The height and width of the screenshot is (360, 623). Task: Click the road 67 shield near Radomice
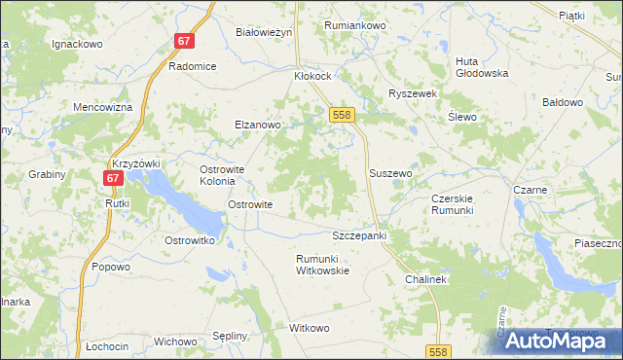(x=185, y=41)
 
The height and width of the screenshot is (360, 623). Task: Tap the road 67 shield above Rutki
(x=113, y=179)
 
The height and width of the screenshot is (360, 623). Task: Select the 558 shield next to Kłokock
(x=341, y=115)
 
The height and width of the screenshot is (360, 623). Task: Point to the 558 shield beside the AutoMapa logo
(x=438, y=349)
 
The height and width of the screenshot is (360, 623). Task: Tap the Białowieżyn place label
(x=264, y=32)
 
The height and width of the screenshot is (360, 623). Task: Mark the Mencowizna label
(x=102, y=107)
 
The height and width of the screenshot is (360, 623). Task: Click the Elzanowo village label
(x=257, y=125)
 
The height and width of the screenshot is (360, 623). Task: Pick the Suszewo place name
(x=391, y=173)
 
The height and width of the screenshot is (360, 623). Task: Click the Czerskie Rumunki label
(x=452, y=204)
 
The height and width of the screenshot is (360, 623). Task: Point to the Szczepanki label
(x=360, y=236)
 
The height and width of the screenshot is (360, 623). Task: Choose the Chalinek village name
(x=425, y=279)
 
